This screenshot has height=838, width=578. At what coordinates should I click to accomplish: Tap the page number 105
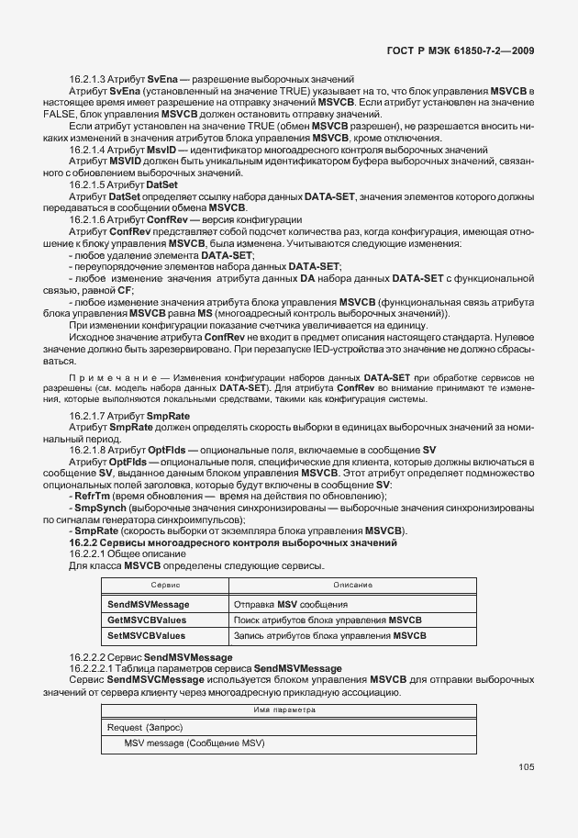pos(526,767)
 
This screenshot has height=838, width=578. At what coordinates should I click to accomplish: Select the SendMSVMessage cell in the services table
pos(149,605)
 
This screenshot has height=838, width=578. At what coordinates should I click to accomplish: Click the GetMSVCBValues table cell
pos(148,620)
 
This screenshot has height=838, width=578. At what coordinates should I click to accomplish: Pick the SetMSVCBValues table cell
pos(147,635)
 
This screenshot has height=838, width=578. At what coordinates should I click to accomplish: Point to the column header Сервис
pos(164,584)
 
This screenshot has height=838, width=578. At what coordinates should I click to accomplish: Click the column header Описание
pos(352,584)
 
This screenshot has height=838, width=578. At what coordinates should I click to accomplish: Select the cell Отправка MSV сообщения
pos(290,605)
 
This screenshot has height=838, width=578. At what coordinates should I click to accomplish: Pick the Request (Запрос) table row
pos(145,727)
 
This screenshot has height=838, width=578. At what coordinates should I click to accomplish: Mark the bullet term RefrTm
pos(94,496)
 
